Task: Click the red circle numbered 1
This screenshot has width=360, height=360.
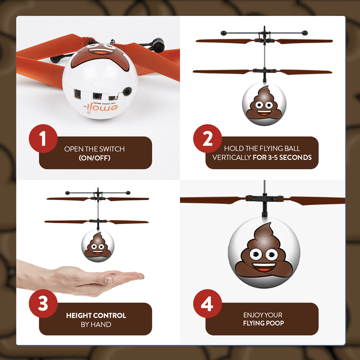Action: pos(43,139)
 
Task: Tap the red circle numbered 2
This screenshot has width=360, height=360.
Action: pos(208,139)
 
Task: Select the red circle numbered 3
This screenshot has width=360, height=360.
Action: pos(43,304)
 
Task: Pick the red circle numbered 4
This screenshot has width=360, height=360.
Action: pos(208,304)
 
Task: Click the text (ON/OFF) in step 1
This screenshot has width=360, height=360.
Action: pos(95,158)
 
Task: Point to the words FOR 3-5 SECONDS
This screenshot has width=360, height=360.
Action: pos(282,158)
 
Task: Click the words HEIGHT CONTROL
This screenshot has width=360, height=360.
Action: pos(96,315)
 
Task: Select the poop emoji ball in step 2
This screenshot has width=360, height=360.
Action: pos(262,102)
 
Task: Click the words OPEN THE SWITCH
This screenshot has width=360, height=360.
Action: pos(95,149)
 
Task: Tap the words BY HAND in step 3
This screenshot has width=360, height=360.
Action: pos(96,324)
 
